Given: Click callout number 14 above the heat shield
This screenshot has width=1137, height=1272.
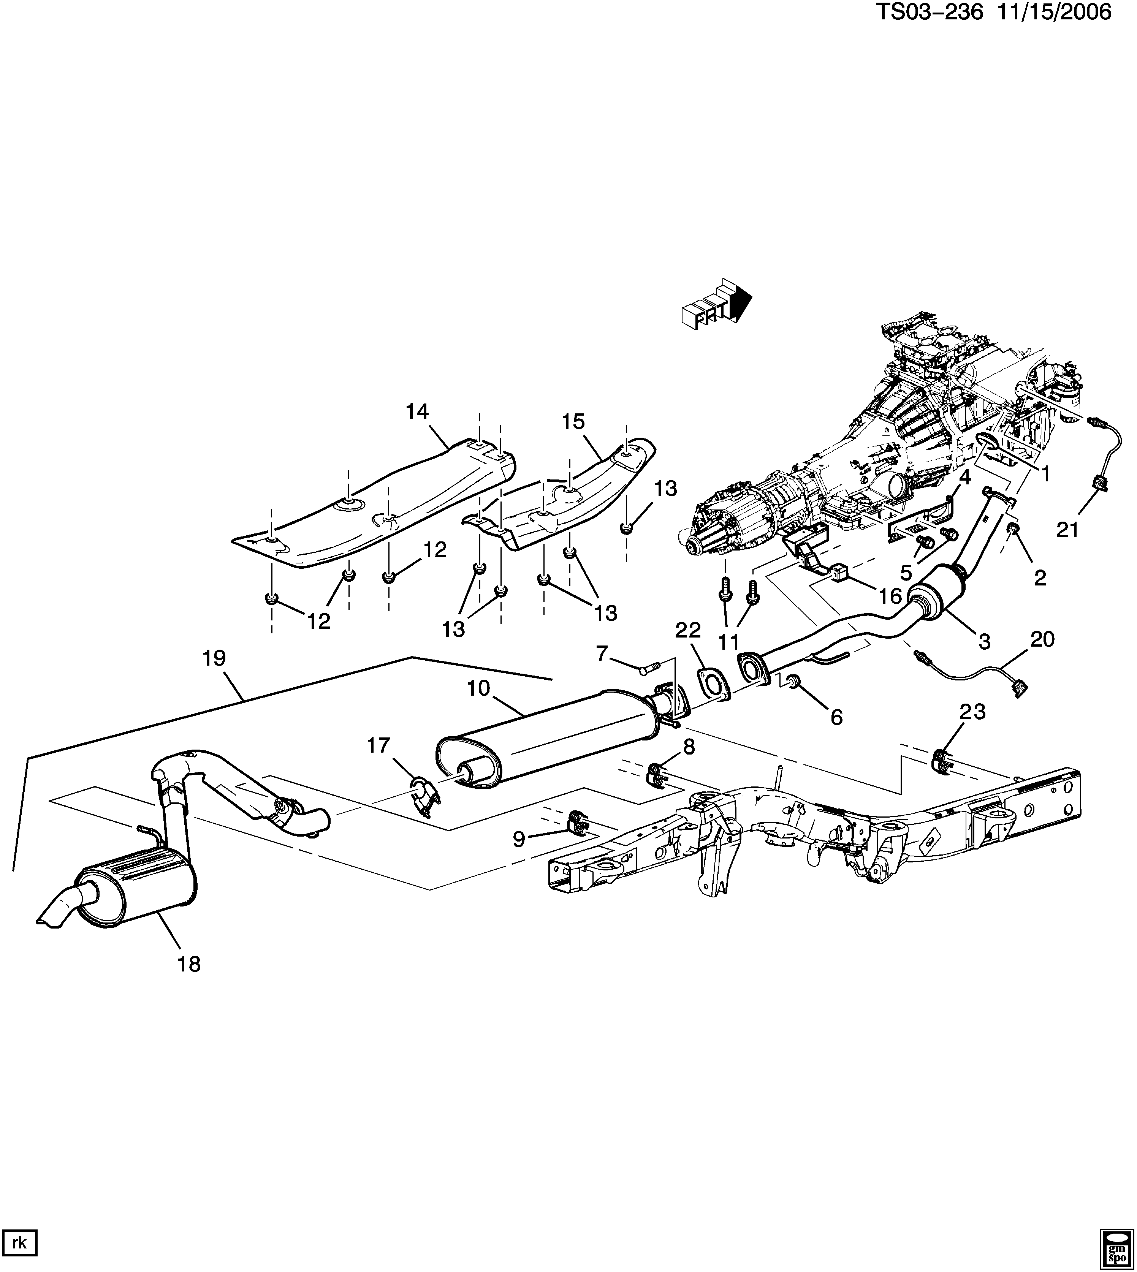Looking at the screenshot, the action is (x=417, y=411).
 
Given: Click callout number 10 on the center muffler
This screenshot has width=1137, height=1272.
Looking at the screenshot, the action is (x=479, y=688).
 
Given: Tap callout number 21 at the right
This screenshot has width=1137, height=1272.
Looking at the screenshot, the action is (x=1068, y=530).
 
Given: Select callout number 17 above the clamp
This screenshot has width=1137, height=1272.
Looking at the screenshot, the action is (x=378, y=745).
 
